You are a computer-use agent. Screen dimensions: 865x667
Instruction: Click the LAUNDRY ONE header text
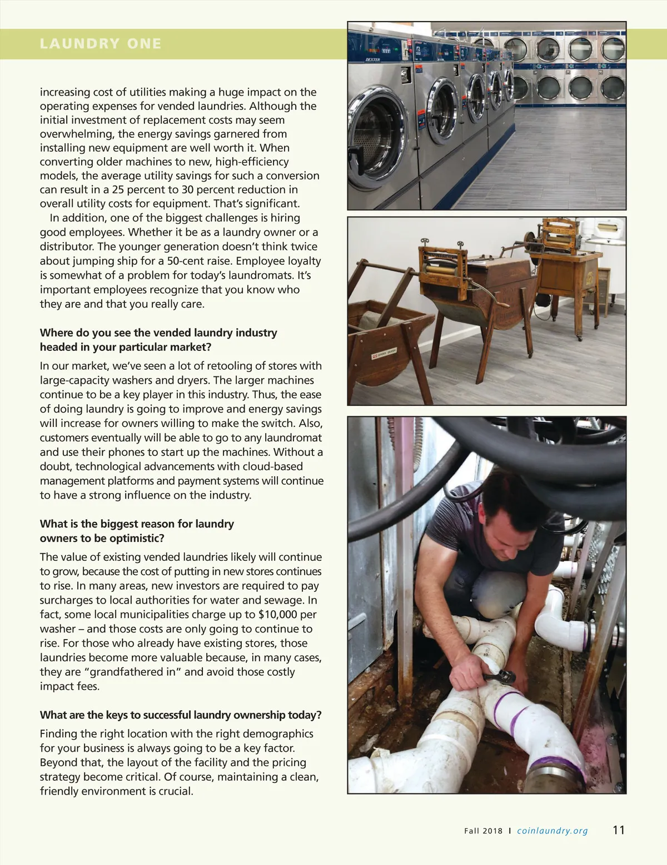coord(101,44)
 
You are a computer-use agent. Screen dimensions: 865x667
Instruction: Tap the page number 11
coord(619,830)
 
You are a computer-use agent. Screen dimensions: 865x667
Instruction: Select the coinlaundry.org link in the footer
coord(552,831)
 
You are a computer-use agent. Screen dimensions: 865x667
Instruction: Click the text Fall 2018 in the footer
coord(483,831)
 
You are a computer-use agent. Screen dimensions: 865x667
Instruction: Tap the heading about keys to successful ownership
coord(181,715)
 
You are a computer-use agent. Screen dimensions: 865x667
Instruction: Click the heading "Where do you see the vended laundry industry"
coord(158,333)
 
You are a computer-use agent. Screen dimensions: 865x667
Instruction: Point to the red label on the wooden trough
coord(384,352)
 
